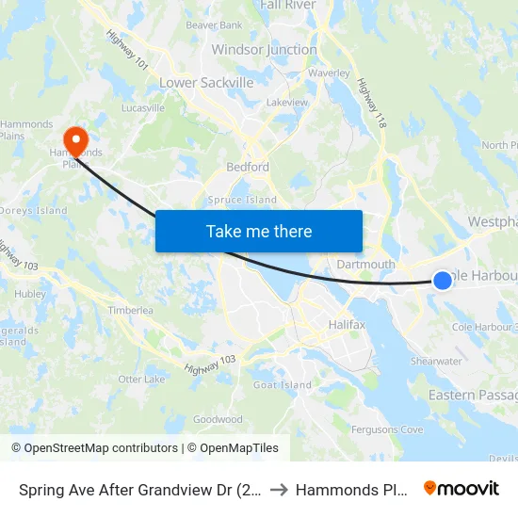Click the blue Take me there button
point(259,231)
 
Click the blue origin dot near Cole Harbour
point(442,280)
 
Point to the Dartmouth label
point(366,265)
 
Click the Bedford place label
point(248,167)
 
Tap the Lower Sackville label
point(206,83)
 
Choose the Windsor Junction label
point(264,49)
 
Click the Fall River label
point(289,6)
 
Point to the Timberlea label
point(130,310)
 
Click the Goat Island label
point(283,385)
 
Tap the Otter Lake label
point(142,380)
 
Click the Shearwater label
point(436,361)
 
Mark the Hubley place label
point(30,294)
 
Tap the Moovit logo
point(461,488)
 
